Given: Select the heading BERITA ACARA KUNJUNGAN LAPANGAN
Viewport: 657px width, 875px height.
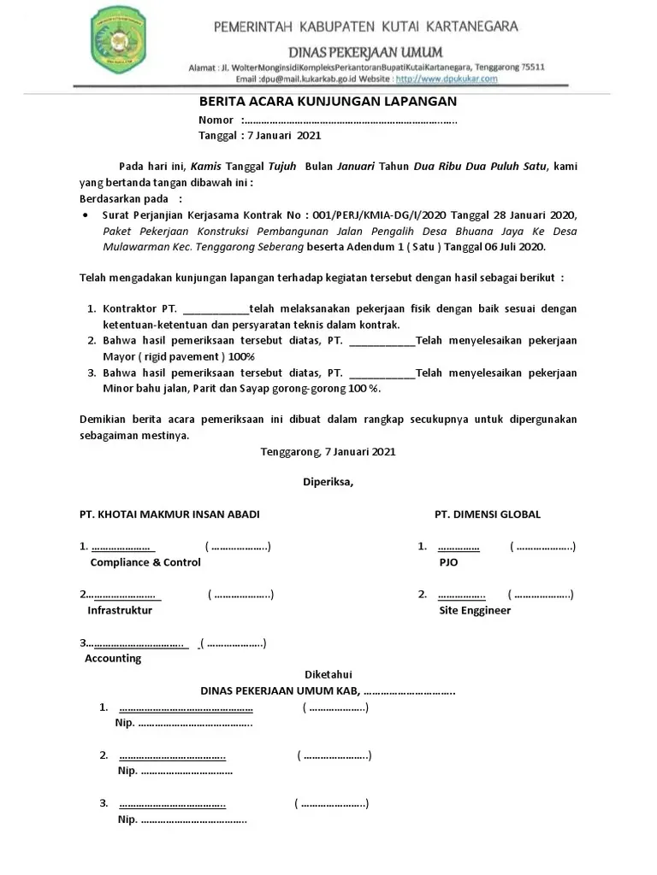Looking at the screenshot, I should pyautogui.click(x=328, y=102).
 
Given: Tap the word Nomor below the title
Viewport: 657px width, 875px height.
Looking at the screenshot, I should pyautogui.click(x=216, y=120).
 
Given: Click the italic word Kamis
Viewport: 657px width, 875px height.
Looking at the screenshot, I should pyautogui.click(x=205, y=167).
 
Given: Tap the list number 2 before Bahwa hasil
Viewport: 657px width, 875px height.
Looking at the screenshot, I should pyautogui.click(x=92, y=340).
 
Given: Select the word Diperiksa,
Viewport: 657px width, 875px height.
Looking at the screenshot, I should pyautogui.click(x=328, y=482).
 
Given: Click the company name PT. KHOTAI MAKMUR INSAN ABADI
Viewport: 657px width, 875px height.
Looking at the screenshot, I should pyautogui.click(x=169, y=514).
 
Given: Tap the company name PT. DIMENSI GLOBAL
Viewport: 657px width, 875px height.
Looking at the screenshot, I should pyautogui.click(x=487, y=514).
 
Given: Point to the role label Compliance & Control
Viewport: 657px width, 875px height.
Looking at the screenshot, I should pyautogui.click(x=145, y=562).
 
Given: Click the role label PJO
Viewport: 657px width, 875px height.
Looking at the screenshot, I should pyautogui.click(x=448, y=562).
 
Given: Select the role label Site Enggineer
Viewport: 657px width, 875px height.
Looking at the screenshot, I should pyautogui.click(x=475, y=610).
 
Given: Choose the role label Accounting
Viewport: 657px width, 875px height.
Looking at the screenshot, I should pyautogui.click(x=113, y=659).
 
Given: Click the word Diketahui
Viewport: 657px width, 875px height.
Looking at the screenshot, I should pyautogui.click(x=328, y=674).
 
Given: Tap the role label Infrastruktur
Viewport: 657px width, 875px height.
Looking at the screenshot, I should pyautogui.click(x=120, y=611).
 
